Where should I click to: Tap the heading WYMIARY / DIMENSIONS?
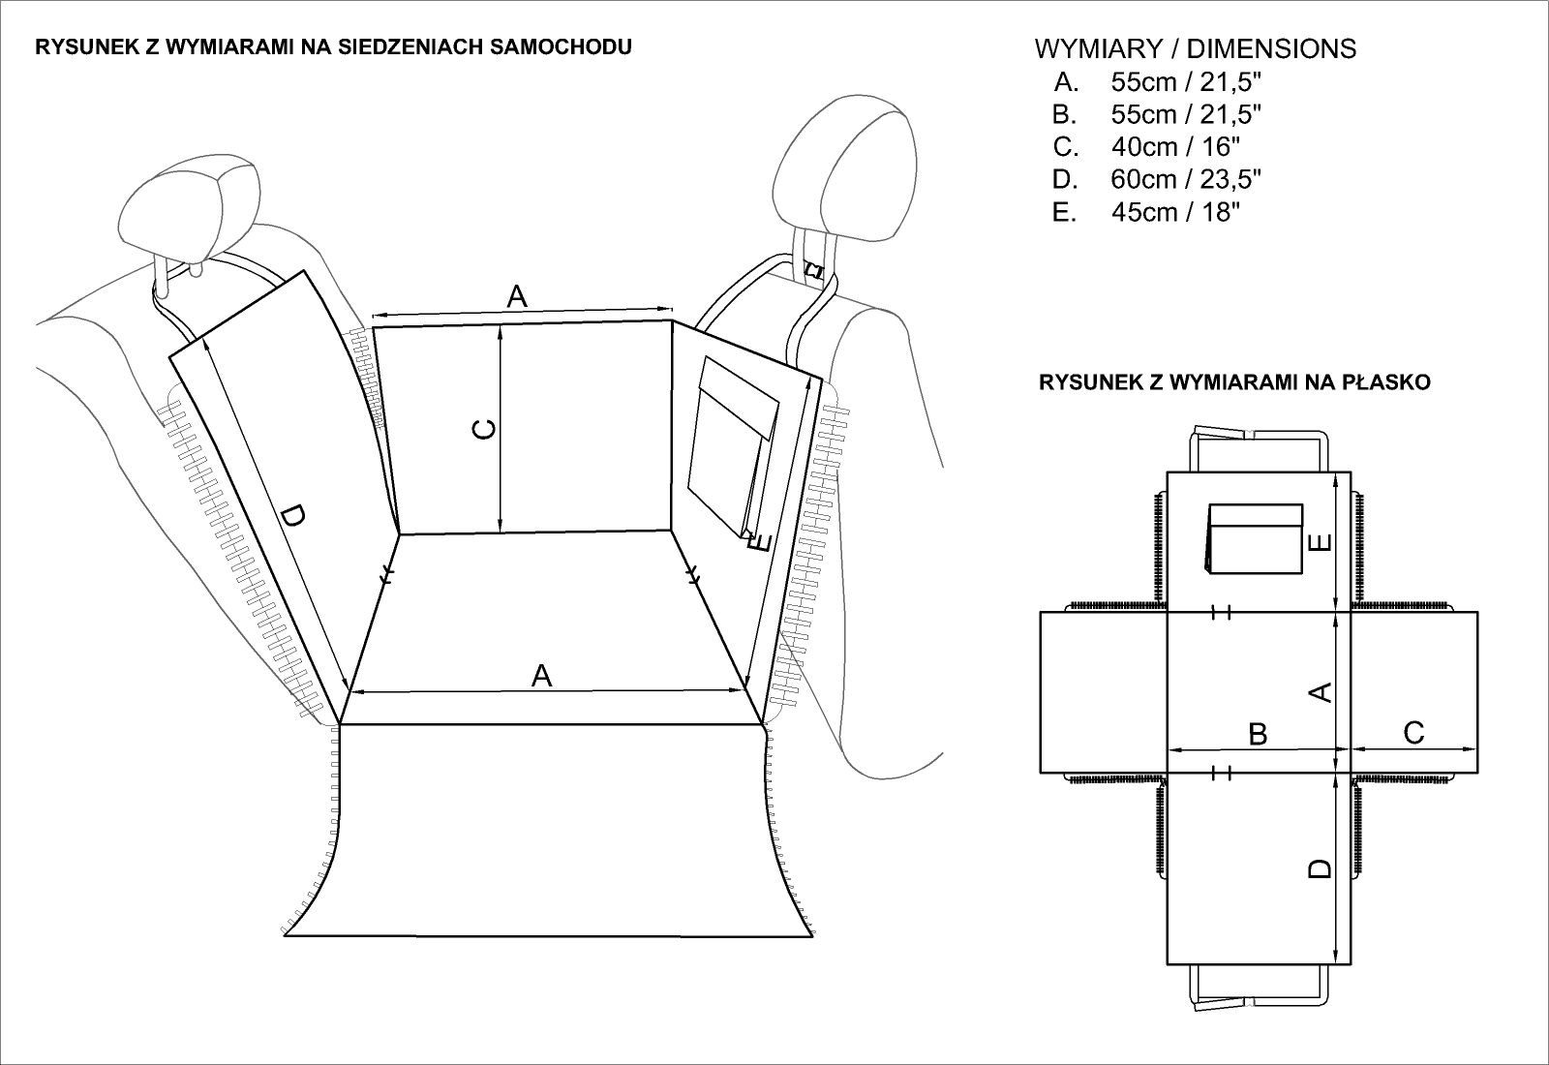pyautogui.click(x=1195, y=48)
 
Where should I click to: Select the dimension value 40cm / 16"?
pyautogui.click(x=1175, y=147)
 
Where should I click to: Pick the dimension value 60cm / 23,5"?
pyautogui.click(x=1186, y=180)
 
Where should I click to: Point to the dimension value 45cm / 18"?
pyautogui.click(x=1175, y=213)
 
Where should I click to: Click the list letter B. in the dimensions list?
pyautogui.click(x=1065, y=114)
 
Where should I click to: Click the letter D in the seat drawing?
pyautogui.click(x=289, y=520)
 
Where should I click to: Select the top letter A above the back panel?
pyautogui.click(x=518, y=296)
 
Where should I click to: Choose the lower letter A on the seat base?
pyautogui.click(x=542, y=675)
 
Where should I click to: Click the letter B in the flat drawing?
pyautogui.click(x=1258, y=734)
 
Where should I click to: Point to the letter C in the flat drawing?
pyautogui.click(x=1413, y=733)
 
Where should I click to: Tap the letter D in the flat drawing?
pyautogui.click(x=1320, y=868)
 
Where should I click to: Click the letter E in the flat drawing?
pyautogui.click(x=1319, y=543)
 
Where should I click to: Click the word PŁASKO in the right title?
pyautogui.click(x=1393, y=382)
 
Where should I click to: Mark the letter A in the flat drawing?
pyautogui.click(x=1320, y=691)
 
